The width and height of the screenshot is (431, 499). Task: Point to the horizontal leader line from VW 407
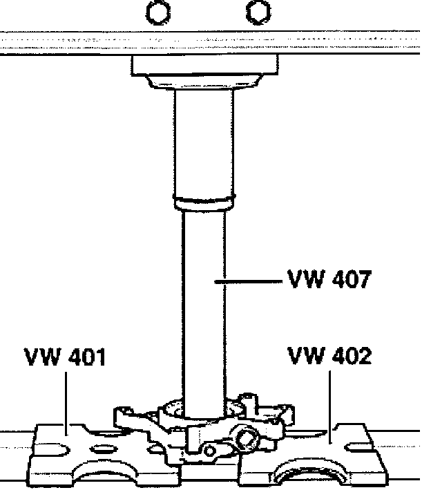(x=249, y=281)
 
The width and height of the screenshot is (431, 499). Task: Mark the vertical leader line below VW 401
(x=66, y=401)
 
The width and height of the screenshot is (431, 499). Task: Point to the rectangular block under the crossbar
(x=204, y=67)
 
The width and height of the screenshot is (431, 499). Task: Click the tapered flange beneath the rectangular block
(x=204, y=84)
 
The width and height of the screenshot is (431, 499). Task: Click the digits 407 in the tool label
(x=349, y=280)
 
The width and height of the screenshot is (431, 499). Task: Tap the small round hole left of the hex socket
(x=210, y=450)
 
